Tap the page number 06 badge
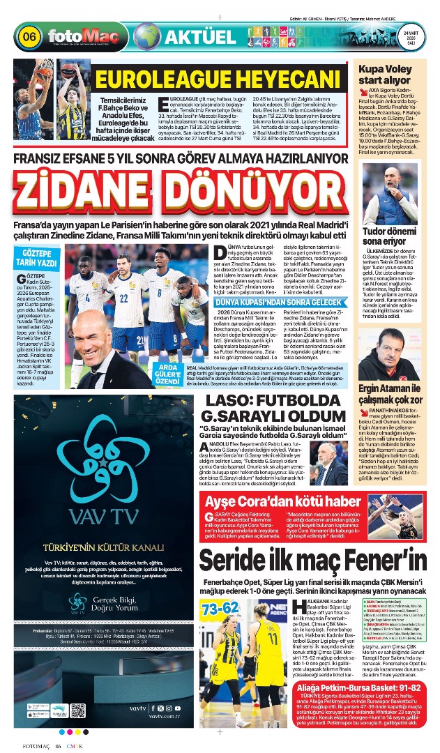pos(30,36)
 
